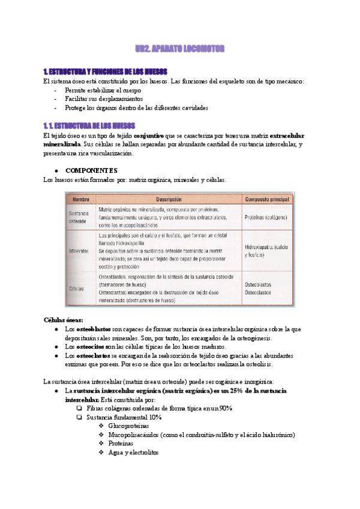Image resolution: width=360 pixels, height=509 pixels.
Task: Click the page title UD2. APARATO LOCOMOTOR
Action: click(x=179, y=47)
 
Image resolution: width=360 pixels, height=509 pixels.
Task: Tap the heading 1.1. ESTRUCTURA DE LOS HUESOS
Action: click(x=89, y=126)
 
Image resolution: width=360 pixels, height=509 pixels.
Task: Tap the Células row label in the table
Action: click(x=77, y=288)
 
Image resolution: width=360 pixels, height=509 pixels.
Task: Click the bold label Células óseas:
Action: click(x=64, y=320)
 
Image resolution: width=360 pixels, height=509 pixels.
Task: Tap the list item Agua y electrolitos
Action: click(x=133, y=452)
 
